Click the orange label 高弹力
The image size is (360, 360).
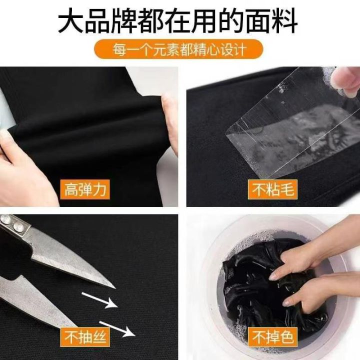click(x=85, y=189)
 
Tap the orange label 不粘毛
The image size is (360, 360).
click(x=272, y=189)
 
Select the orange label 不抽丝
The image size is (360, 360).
click(x=85, y=337)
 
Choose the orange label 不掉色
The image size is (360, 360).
click(x=272, y=337)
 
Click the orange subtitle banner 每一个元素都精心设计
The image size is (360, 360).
click(x=178, y=49)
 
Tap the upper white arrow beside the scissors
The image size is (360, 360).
click(x=99, y=300)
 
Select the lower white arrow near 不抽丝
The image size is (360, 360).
click(x=117, y=329)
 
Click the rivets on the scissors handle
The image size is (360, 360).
click(x=12, y=223)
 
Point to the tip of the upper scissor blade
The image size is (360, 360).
click(x=115, y=288)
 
